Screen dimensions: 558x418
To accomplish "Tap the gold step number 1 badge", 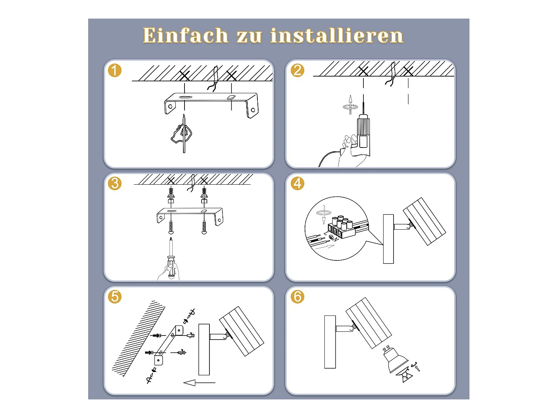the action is pyautogui.click(x=115, y=70).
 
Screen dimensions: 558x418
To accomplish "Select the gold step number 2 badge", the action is pyautogui.click(x=298, y=70).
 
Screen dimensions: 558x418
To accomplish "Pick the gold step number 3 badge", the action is pyautogui.click(x=115, y=183).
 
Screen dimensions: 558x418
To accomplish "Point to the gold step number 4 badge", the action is pyautogui.click(x=298, y=183).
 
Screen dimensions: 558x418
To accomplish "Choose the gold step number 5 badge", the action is pyautogui.click(x=115, y=297).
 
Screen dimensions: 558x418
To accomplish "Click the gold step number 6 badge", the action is pyautogui.click(x=298, y=297).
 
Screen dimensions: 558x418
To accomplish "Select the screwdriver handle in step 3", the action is pyautogui.click(x=171, y=266).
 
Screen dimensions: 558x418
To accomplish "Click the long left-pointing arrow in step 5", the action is pyautogui.click(x=199, y=383).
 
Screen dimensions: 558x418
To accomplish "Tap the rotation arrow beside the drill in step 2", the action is pyautogui.click(x=350, y=105).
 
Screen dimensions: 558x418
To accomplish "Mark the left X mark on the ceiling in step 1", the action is pyautogui.click(x=185, y=76).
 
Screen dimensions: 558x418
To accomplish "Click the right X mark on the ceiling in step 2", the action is pyautogui.click(x=408, y=71).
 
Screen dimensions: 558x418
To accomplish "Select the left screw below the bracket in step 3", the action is pyautogui.click(x=171, y=227).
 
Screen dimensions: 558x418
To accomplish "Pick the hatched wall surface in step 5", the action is pyautogui.click(x=138, y=339).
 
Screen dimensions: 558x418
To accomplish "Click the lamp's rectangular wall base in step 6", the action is pyautogui.click(x=330, y=342).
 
